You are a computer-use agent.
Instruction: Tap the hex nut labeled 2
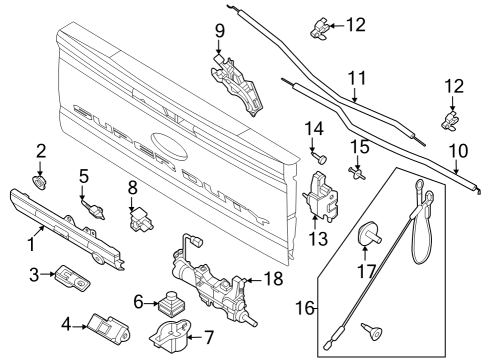point(40,182)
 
